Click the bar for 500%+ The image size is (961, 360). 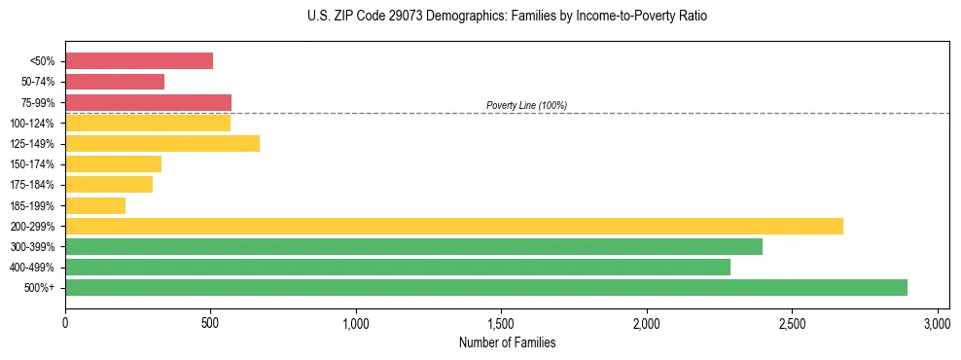pyautogui.click(x=486, y=287)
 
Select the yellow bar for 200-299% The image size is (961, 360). pyautogui.click(x=454, y=226)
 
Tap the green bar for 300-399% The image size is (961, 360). pyautogui.click(x=413, y=246)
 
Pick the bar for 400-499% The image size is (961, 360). pyautogui.click(x=398, y=267)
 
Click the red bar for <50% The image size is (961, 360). pyautogui.click(x=139, y=61)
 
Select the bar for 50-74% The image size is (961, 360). pyautogui.click(x=115, y=82)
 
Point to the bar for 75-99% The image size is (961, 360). pyautogui.click(x=148, y=102)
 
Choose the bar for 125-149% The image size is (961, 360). pyautogui.click(x=162, y=143)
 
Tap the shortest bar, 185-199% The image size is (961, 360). pyautogui.click(x=95, y=205)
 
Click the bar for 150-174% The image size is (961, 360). pyautogui.click(x=113, y=163)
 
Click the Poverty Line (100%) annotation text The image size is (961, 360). pyautogui.click(x=526, y=105)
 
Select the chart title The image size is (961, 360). pyautogui.click(x=507, y=17)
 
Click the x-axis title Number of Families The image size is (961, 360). pyautogui.click(x=507, y=342)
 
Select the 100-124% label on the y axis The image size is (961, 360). pyautogui.click(x=32, y=124)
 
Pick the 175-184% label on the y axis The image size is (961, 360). pyautogui.click(x=32, y=185)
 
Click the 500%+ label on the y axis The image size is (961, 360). pyautogui.click(x=39, y=288)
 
